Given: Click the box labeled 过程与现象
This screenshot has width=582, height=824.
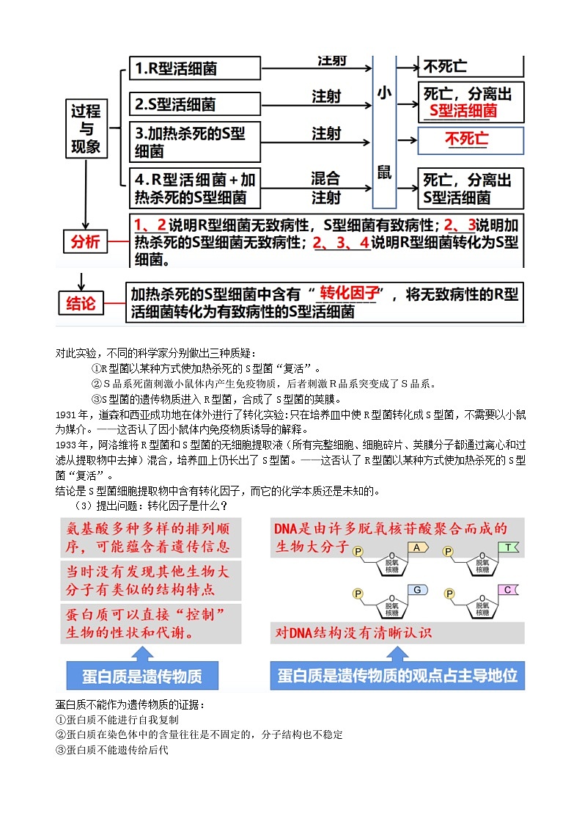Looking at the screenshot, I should [86, 129].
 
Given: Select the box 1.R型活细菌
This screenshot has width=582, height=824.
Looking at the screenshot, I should [195, 69].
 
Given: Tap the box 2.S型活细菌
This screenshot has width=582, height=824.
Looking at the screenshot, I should [195, 103].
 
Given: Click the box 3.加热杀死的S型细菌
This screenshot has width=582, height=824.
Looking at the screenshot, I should [195, 142].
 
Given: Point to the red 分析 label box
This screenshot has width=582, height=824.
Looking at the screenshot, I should [84, 241].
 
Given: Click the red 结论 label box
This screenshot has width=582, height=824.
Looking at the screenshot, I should [81, 303].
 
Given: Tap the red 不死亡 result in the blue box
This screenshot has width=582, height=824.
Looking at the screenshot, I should [467, 140].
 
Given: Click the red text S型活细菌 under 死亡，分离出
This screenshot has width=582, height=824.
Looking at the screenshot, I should [463, 111].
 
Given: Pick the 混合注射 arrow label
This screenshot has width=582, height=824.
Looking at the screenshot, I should [325, 188].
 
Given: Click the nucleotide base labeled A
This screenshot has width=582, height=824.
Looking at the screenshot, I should [416, 547].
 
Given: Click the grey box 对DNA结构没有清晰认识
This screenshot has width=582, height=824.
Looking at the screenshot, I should [354, 632].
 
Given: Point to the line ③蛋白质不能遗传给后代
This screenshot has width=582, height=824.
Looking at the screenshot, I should [112, 749].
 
